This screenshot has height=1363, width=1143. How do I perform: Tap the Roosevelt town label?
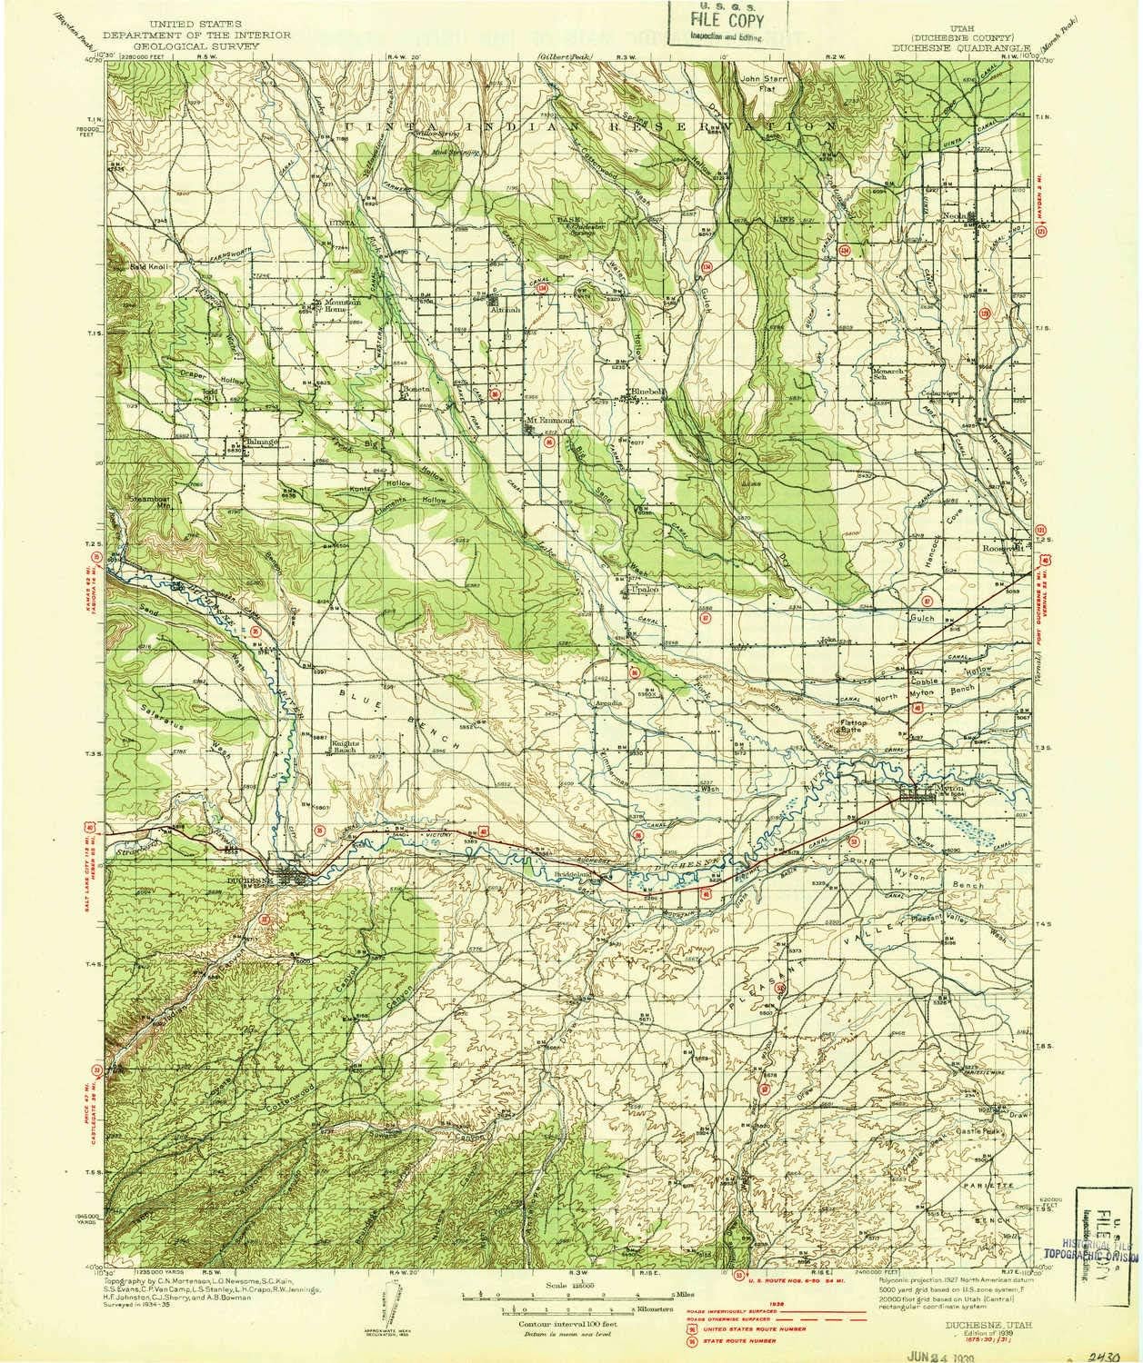pos(1002,548)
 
